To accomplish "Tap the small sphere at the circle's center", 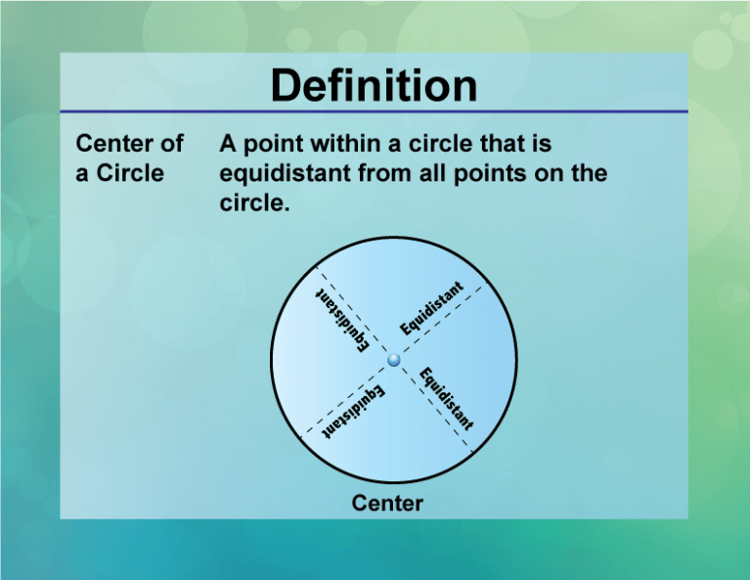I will click(x=394, y=361).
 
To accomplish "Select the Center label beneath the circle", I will click(x=387, y=504).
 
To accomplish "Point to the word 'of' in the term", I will click(x=172, y=145).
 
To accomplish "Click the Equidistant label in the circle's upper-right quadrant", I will click(x=440, y=311).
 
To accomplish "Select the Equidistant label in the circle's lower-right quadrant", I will click(x=447, y=399).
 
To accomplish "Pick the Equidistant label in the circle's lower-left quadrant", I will click(x=355, y=410).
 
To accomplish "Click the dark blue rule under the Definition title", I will click(x=375, y=112).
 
